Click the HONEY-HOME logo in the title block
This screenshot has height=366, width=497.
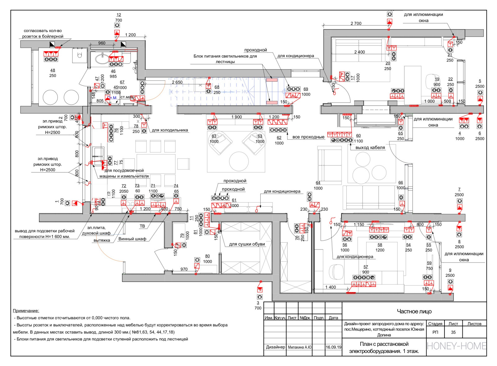coord(456,346)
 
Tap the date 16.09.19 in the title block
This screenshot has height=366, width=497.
coord(333,347)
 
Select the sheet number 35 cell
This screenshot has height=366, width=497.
coord(453,332)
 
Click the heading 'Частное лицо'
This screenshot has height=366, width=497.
coord(414,311)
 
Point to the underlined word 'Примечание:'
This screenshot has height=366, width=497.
coord(26,311)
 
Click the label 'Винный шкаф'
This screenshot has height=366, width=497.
coord(132,239)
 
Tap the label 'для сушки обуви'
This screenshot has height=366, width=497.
coord(247,244)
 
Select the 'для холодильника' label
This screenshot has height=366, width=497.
coord(170,130)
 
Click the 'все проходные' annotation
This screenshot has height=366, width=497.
coord(308,137)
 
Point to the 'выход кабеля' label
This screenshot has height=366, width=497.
coord(370,148)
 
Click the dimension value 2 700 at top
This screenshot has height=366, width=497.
coord(356,23)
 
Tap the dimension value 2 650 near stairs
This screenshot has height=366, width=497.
coord(177,82)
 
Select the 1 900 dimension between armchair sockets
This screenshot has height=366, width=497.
coord(236,117)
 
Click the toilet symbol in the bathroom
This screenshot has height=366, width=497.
coord(80,56)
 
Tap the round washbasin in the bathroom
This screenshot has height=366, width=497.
coord(102,58)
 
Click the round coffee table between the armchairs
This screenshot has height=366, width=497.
coord(239,161)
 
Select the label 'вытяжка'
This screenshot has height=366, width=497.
coord(102,240)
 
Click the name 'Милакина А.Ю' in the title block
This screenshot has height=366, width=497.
coord(299,347)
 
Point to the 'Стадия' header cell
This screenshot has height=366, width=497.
coord(435,324)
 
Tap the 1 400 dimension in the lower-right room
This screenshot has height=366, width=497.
coord(331,287)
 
